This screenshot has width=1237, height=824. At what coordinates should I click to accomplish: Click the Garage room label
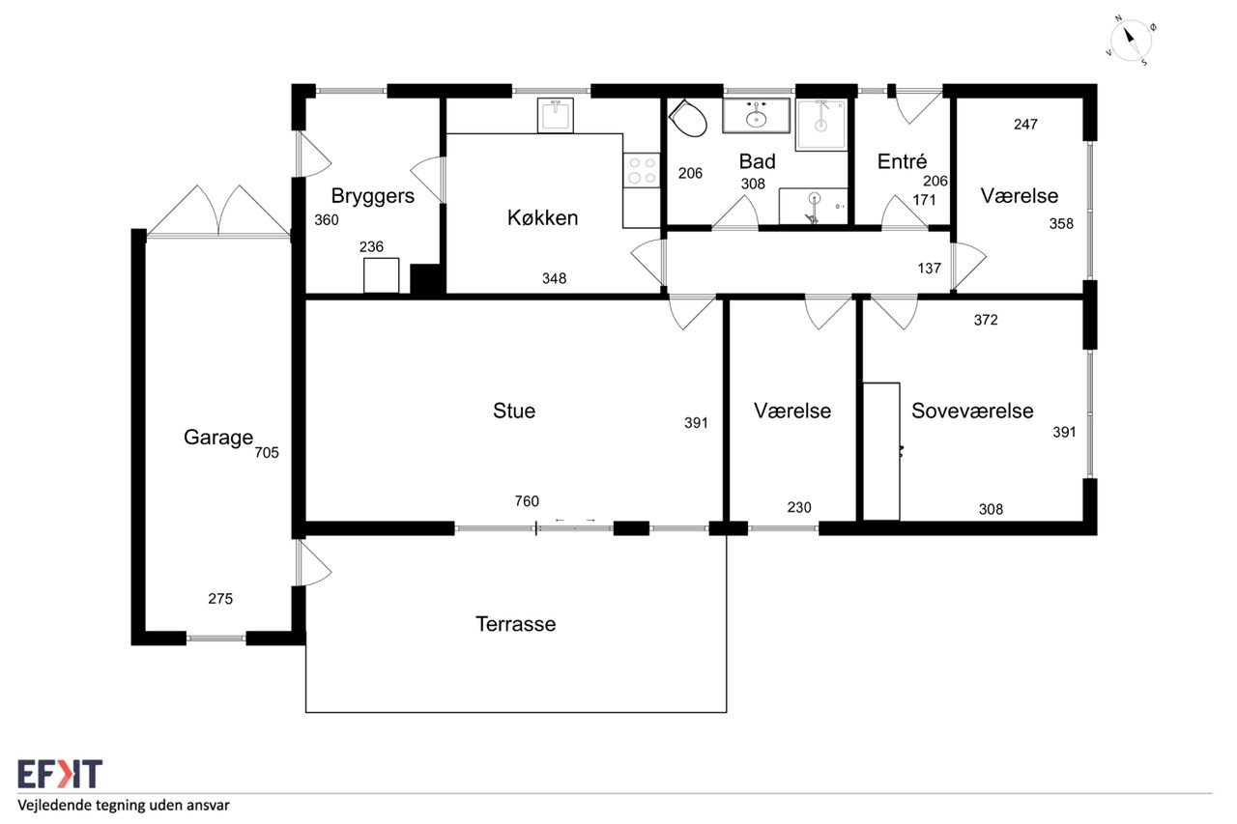tap(218, 438)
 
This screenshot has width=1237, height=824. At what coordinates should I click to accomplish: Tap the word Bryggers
tap(373, 196)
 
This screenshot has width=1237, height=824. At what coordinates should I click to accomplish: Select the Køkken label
tap(542, 218)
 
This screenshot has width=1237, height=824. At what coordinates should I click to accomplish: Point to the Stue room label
tap(514, 412)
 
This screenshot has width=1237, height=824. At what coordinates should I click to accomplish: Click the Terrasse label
tap(516, 624)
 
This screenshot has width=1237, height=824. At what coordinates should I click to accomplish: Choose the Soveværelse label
tap(972, 412)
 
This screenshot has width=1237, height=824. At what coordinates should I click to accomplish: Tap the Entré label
tap(902, 161)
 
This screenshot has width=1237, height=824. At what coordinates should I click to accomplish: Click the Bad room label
tap(757, 161)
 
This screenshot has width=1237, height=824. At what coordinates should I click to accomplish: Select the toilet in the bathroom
tap(688, 118)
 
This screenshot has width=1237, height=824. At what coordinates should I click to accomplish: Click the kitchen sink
tap(556, 115)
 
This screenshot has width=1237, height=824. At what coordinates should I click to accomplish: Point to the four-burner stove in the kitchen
tap(642, 171)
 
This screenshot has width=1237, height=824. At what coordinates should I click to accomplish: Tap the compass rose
tap(1131, 41)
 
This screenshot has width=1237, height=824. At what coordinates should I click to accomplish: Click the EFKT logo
tap(60, 774)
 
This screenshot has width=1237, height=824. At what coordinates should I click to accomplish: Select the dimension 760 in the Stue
tap(527, 501)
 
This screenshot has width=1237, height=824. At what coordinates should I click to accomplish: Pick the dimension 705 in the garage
tap(267, 453)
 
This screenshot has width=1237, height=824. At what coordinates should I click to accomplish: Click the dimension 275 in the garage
tap(220, 599)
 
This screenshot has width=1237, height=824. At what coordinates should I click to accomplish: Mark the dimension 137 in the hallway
tap(930, 269)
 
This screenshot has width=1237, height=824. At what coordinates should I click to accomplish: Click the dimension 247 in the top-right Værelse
tap(1025, 125)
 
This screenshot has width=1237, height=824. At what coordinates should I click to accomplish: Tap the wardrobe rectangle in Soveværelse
tap(881, 451)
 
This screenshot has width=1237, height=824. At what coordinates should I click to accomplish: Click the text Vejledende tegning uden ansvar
tap(123, 806)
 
